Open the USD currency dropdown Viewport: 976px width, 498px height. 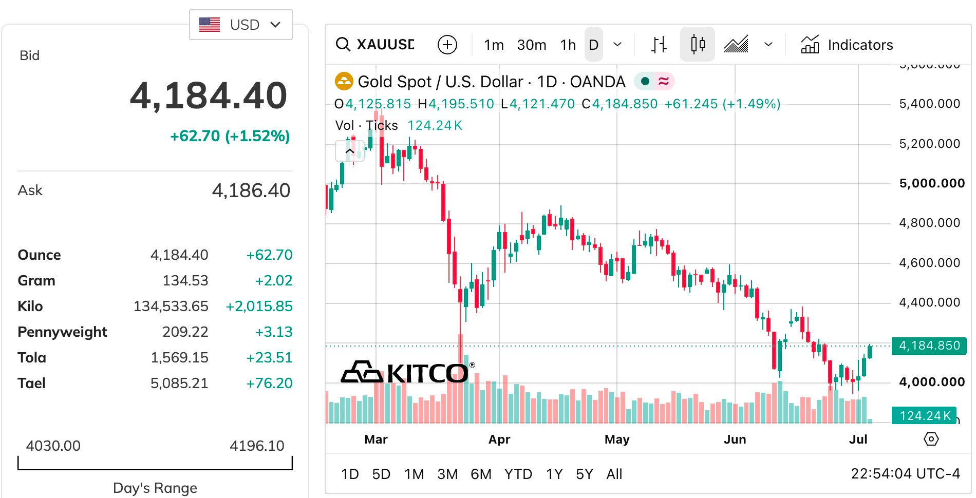(x=241, y=25)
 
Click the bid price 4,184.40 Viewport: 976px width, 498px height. (x=209, y=96)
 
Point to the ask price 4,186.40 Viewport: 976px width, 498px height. (x=251, y=190)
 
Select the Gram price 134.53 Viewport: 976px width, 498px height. (x=185, y=280)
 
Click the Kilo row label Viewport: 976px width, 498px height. (x=30, y=306)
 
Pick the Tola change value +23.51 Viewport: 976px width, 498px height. (x=269, y=357)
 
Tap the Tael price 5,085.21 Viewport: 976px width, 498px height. (x=179, y=383)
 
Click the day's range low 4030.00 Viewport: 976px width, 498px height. (x=53, y=446)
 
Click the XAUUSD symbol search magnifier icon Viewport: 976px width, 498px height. (x=343, y=44)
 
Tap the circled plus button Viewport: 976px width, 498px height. (x=447, y=45)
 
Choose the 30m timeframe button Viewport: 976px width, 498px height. (x=532, y=45)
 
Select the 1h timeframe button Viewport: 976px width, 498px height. (x=568, y=45)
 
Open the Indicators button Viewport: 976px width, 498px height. (x=847, y=45)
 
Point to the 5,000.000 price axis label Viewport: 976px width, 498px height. (x=932, y=183)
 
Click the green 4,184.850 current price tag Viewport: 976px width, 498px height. (x=929, y=346)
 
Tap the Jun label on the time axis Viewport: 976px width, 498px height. (x=735, y=439)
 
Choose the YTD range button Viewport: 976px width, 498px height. (x=518, y=474)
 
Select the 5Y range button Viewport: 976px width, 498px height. (x=585, y=474)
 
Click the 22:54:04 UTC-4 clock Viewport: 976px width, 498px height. (x=905, y=473)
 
